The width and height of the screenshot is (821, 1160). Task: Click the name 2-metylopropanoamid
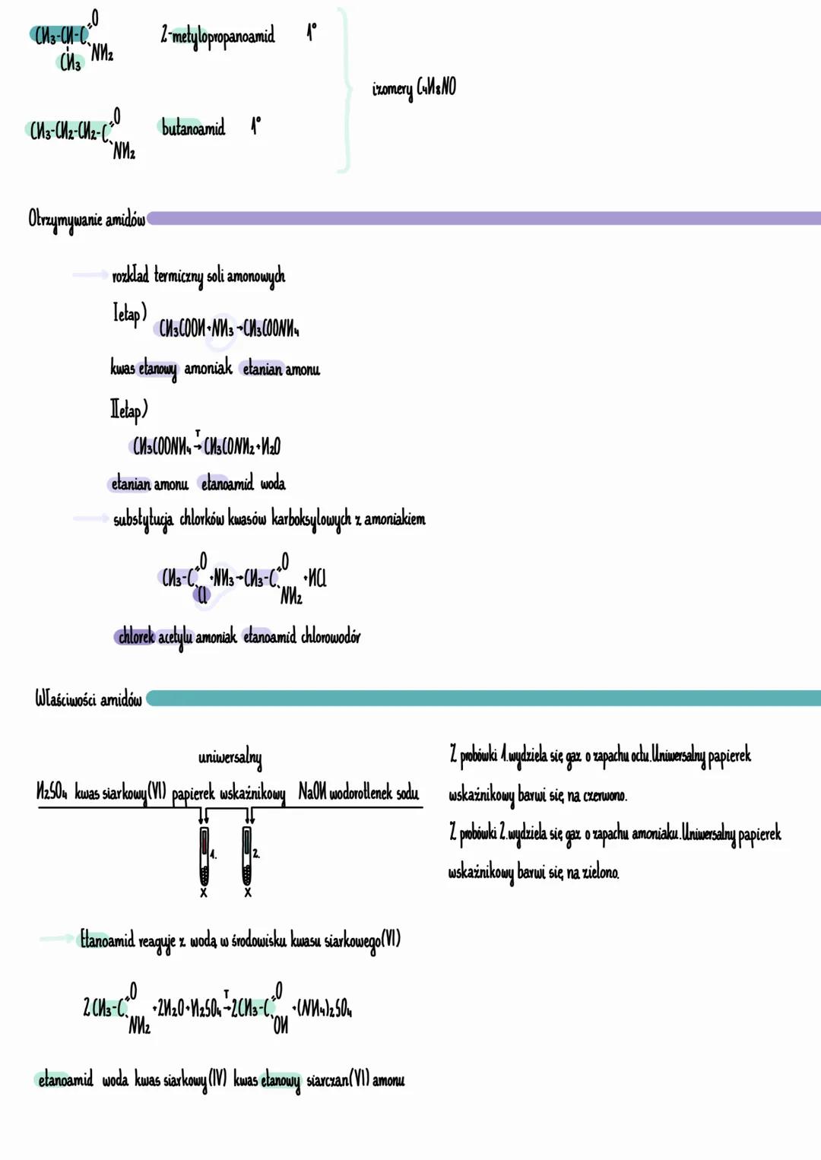[217, 36]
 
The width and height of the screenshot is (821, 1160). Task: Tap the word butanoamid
[193, 128]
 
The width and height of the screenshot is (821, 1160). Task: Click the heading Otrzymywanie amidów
[86, 220]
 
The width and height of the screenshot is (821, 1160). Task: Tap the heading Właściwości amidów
[88, 699]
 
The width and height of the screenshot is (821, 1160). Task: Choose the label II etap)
[128, 410]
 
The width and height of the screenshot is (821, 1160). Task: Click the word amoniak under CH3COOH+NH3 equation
[208, 369]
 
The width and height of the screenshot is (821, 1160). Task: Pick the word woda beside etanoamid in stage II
[273, 483]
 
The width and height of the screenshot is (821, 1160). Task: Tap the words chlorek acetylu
[154, 637]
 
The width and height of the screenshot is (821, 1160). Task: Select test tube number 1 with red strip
[204, 854]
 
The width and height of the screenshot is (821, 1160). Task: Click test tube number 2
[247, 854]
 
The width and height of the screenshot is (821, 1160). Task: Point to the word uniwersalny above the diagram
[230, 758]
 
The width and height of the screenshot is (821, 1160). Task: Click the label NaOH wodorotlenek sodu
[358, 793]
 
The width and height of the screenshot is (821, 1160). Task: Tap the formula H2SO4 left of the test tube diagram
[52, 793]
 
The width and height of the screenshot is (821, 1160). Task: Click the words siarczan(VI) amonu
[355, 1080]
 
